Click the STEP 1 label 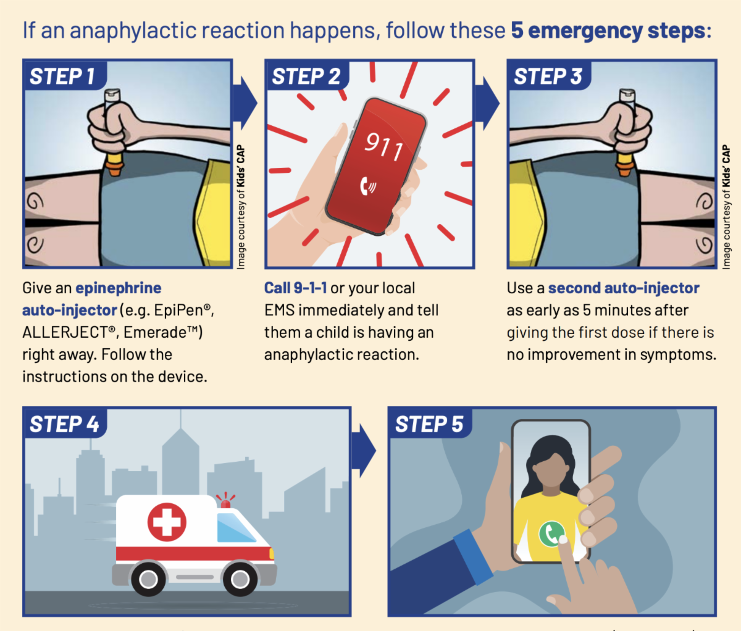(x=62, y=76)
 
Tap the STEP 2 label (x=306, y=76)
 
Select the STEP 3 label (x=548, y=76)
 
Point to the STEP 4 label (x=64, y=424)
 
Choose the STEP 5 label (x=429, y=424)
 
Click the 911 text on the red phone (x=384, y=146)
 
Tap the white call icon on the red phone (x=368, y=186)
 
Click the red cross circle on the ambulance (x=167, y=522)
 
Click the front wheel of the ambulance (x=240, y=579)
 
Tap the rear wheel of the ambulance (x=148, y=579)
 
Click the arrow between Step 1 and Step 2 (x=245, y=103)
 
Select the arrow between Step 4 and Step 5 (x=364, y=451)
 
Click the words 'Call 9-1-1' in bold (x=295, y=288)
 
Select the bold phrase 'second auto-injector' (x=624, y=288)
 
